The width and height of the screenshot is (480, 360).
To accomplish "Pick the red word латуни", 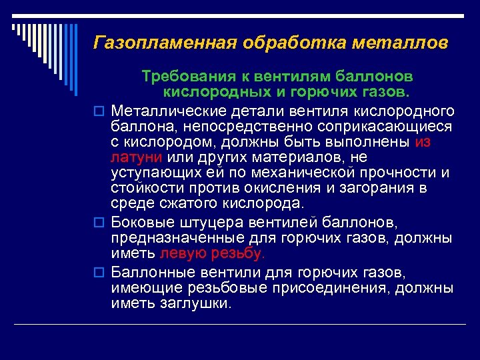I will [x=137, y=157].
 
